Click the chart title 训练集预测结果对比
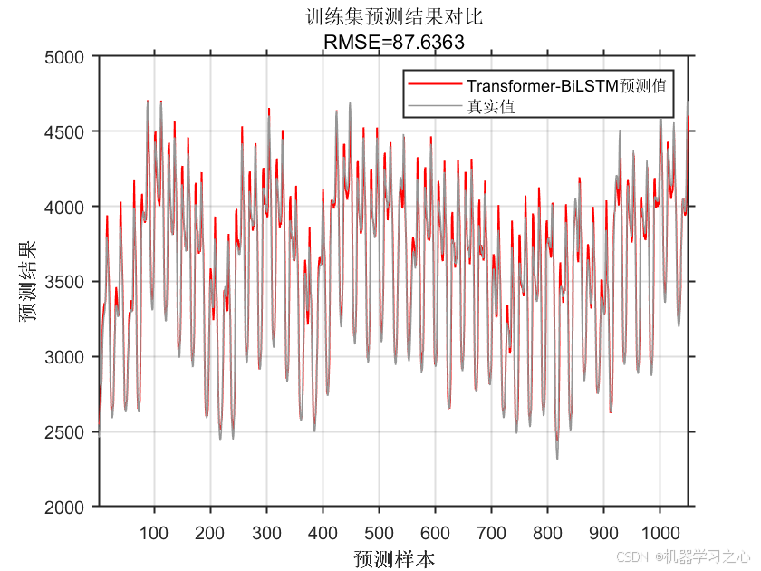point(394,17)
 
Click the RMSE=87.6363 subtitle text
point(394,40)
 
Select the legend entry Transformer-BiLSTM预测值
point(566,86)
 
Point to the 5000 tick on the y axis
point(69,57)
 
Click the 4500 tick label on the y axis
point(69,132)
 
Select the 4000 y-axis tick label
point(69,208)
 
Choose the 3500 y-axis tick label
point(69,283)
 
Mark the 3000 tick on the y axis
point(69,357)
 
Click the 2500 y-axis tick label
point(69,432)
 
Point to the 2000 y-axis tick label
point(69,508)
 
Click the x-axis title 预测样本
point(394,557)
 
